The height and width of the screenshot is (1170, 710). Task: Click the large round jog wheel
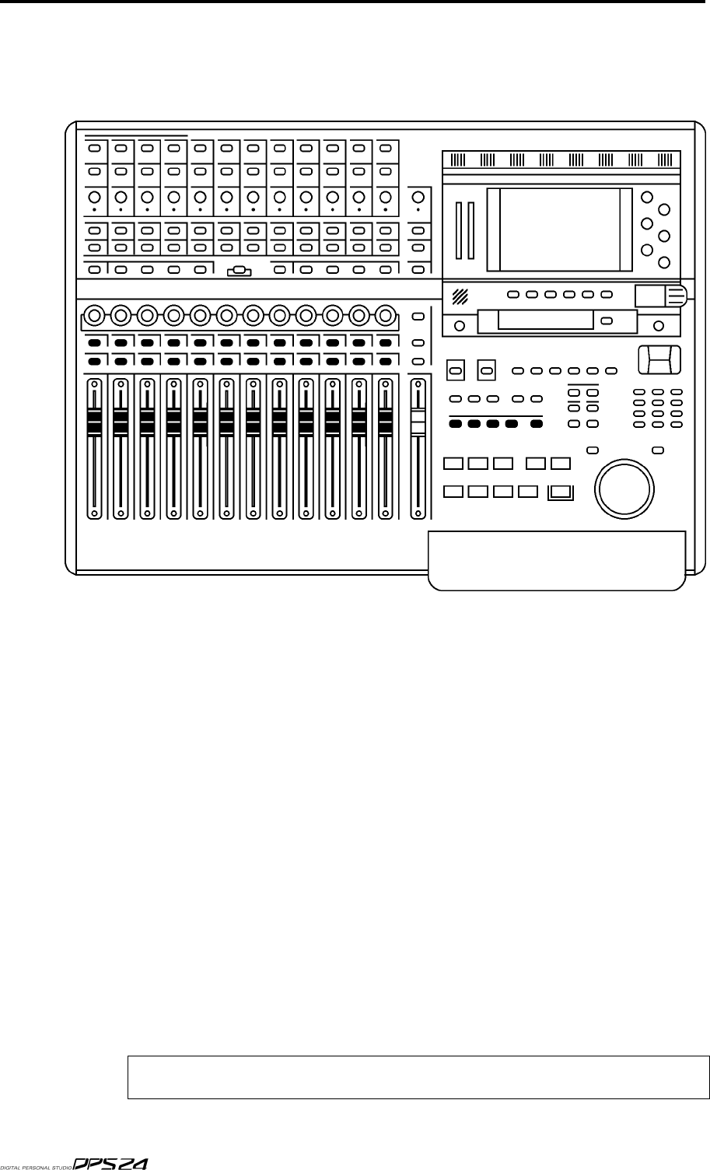tap(622, 487)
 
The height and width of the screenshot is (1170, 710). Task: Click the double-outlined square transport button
tap(559, 491)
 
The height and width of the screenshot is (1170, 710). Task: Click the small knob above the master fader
tap(418, 196)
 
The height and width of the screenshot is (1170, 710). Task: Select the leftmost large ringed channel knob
tap(93, 315)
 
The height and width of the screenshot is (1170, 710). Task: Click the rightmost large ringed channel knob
tap(385, 315)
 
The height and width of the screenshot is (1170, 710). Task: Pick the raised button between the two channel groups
tap(239, 271)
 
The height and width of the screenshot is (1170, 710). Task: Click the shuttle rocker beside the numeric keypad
tap(658, 360)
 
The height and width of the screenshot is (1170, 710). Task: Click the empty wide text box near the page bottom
tap(418, 1077)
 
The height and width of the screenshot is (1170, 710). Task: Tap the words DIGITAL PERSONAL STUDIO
tap(36, 1165)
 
